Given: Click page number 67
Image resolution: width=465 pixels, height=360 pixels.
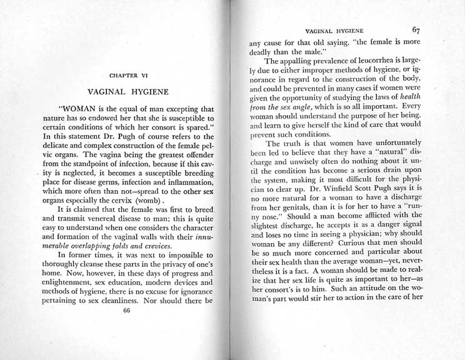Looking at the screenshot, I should pyautogui.click(x=417, y=29).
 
